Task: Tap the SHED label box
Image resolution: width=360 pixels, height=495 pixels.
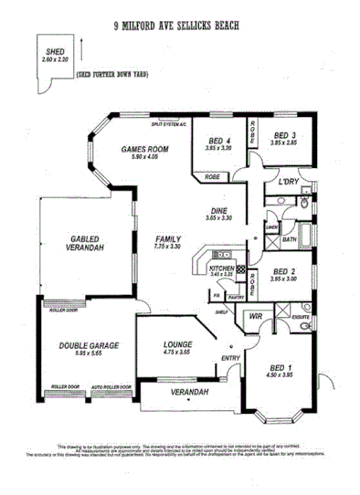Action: (55, 55)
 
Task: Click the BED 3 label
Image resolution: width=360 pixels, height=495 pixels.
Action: (285, 139)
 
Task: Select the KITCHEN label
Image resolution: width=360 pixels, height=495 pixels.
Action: (222, 269)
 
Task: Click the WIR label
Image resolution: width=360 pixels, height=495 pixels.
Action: (254, 315)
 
